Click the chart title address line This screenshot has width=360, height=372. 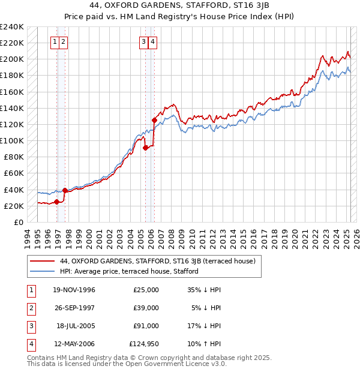(x=179, y=7)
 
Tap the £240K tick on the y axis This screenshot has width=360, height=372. (x=12, y=27)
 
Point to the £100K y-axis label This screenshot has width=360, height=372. (x=12, y=140)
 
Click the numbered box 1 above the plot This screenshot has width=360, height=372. (x=55, y=41)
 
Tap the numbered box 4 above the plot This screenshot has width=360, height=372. (x=153, y=41)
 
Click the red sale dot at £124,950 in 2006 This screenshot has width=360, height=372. (x=154, y=120)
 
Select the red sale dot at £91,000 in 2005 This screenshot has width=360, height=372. (x=146, y=148)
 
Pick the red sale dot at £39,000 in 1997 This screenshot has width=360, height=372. (x=65, y=190)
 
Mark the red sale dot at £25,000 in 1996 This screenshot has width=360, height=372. (x=56, y=202)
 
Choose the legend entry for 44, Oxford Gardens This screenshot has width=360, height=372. (x=157, y=261)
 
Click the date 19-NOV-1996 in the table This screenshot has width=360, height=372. (x=74, y=290)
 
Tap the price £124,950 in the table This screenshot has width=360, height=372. (x=144, y=344)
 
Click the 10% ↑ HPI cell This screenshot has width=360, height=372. (x=204, y=344)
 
